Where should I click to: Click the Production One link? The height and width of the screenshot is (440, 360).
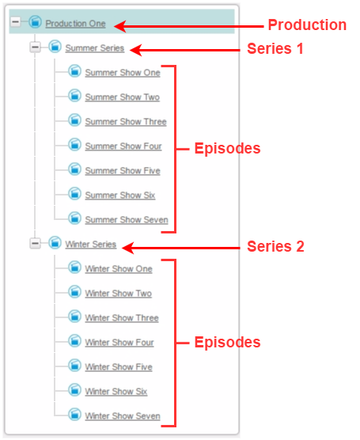click(x=75, y=24)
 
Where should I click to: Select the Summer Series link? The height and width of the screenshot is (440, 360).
click(x=95, y=48)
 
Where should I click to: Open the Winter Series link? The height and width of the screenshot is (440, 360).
click(x=91, y=244)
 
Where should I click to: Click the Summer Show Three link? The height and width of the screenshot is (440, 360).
click(x=126, y=122)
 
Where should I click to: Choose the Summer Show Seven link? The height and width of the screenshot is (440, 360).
click(x=127, y=220)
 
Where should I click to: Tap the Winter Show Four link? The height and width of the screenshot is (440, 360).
click(x=119, y=343)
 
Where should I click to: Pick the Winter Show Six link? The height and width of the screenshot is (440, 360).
click(x=116, y=392)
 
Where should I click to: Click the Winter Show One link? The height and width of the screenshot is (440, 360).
click(x=119, y=269)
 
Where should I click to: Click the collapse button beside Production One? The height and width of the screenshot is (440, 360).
click(x=16, y=21)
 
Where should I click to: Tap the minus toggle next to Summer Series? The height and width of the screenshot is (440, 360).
click(x=36, y=47)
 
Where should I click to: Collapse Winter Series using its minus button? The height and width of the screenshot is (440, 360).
click(x=36, y=243)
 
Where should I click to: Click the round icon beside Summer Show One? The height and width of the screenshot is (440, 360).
click(x=74, y=71)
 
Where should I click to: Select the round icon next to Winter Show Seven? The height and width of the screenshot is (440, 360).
click(x=74, y=415)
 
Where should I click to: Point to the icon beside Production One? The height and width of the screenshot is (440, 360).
click(x=35, y=22)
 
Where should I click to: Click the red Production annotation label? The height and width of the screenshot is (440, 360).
click(x=307, y=25)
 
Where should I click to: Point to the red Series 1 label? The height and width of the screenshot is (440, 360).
click(x=275, y=48)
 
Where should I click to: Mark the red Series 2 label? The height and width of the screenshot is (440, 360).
click(x=275, y=246)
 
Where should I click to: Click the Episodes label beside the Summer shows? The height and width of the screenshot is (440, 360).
click(x=227, y=148)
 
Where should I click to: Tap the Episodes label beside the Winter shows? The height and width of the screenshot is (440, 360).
click(x=227, y=343)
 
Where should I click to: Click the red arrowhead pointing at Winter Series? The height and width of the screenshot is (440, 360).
click(x=128, y=248)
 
